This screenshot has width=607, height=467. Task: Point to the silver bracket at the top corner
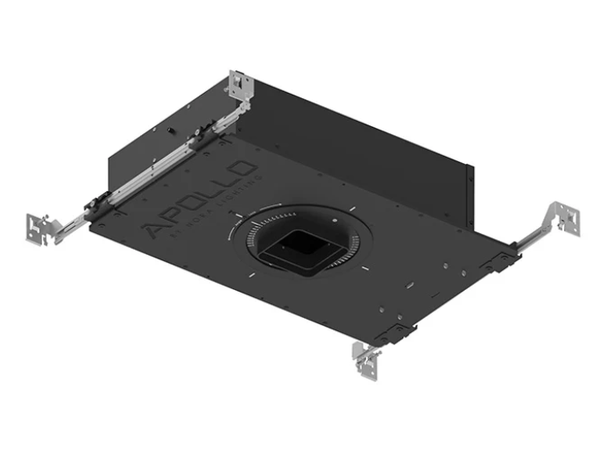pyautogui.click(x=239, y=85)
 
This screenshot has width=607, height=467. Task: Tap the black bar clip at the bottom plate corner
pyautogui.click(x=399, y=334)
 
